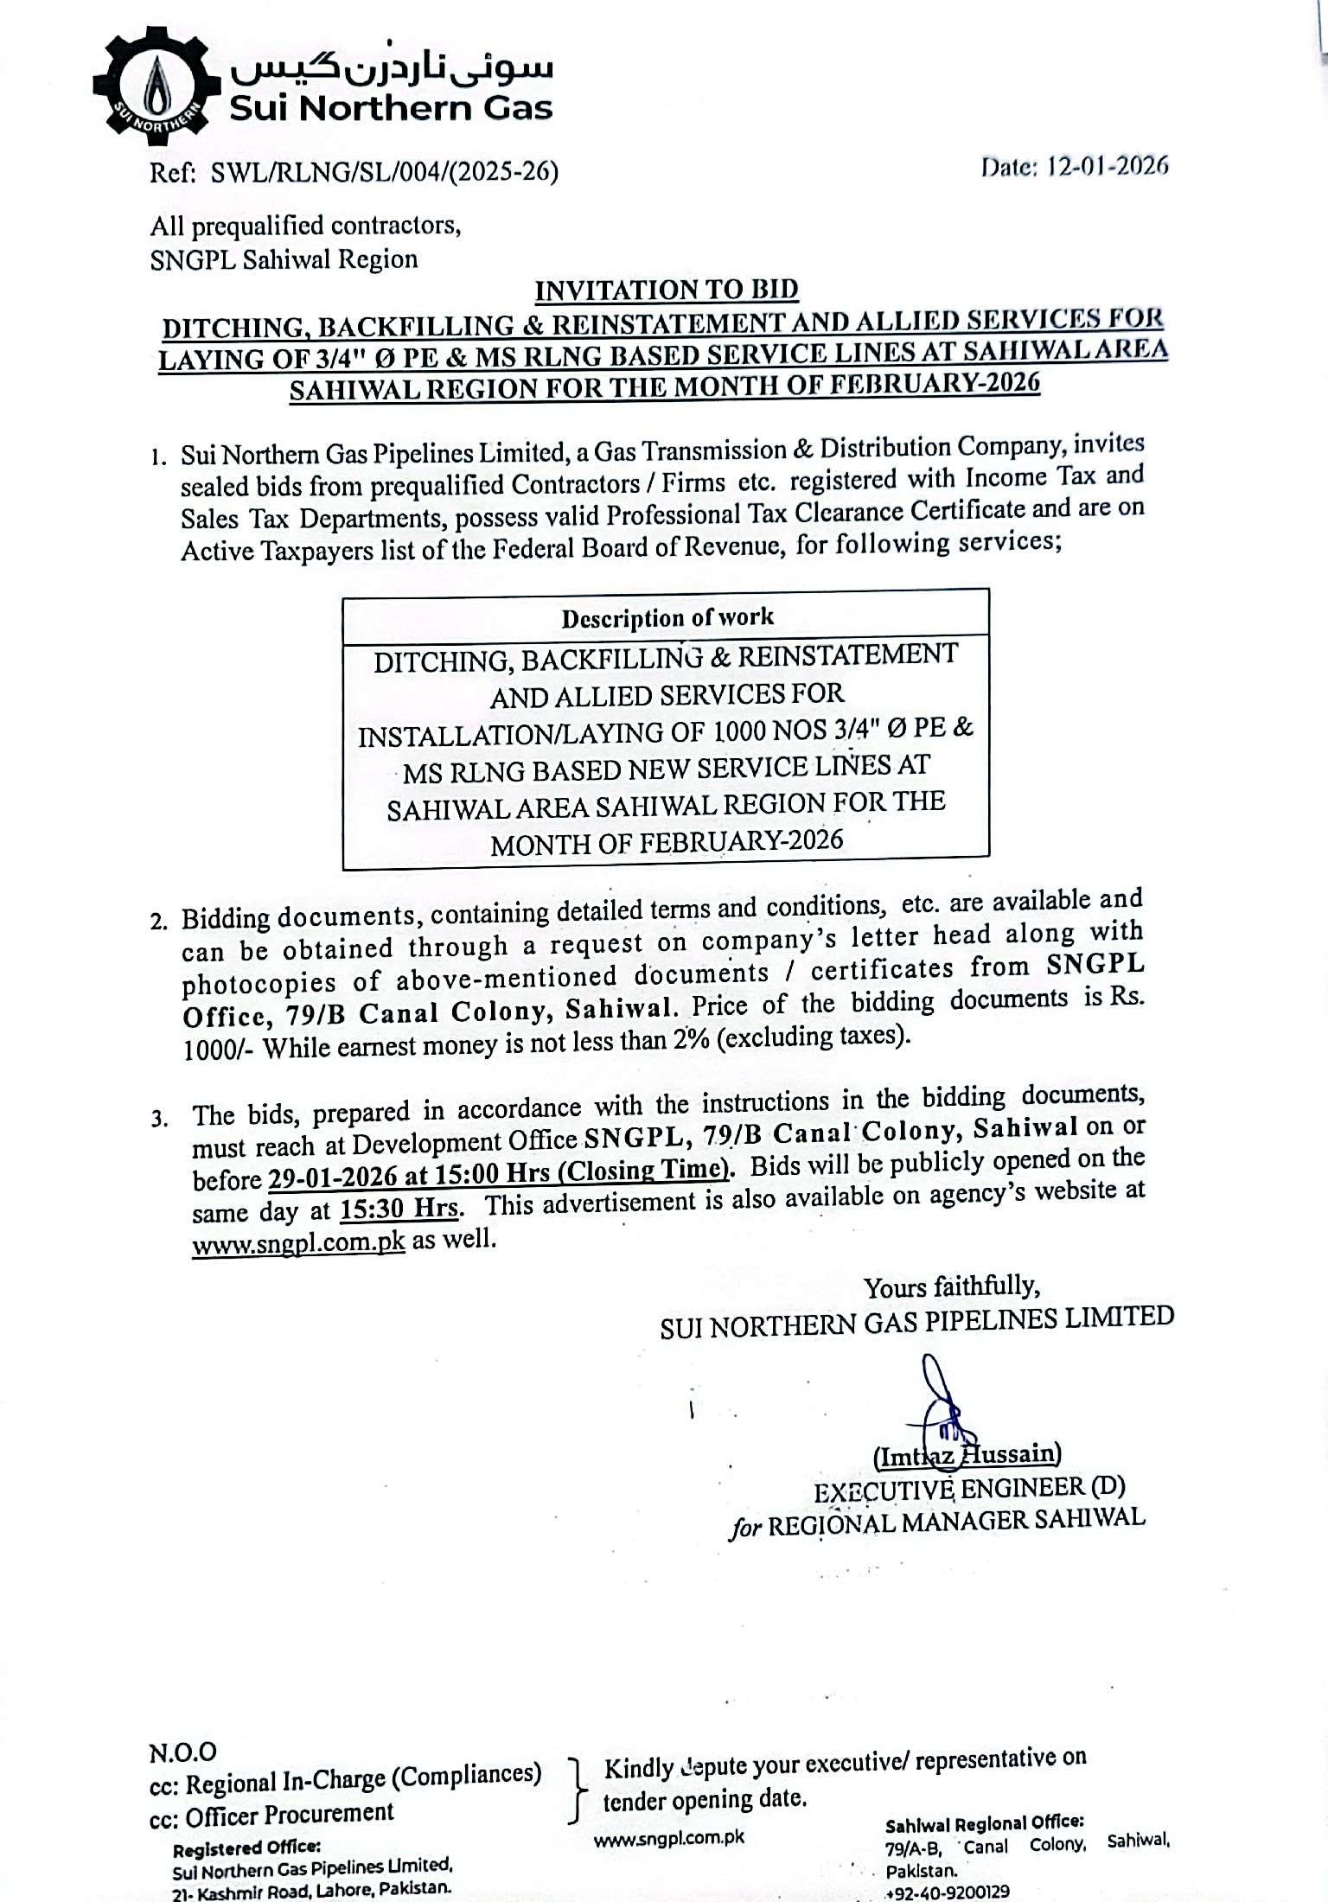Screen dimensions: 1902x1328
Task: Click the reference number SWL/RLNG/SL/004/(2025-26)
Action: click(x=385, y=172)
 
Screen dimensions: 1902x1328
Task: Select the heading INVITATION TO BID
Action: click(x=666, y=290)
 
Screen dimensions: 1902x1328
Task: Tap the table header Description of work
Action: click(x=667, y=617)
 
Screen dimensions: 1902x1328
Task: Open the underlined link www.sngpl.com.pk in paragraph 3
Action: click(x=298, y=1242)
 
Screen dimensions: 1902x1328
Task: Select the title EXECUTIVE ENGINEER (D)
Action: click(x=968, y=1489)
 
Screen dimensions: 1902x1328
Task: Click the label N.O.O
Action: click(x=182, y=1752)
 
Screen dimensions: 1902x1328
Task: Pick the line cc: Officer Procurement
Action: click(x=271, y=1814)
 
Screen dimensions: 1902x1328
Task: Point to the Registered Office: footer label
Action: click(x=246, y=1849)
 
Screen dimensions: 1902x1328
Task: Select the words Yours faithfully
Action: click(x=951, y=1287)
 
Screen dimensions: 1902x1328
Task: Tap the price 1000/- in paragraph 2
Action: click(x=212, y=1049)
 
